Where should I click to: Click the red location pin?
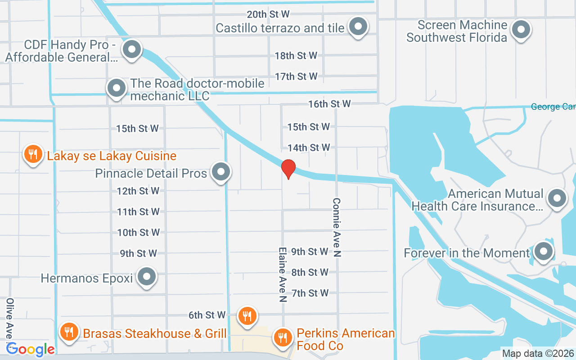[288, 169]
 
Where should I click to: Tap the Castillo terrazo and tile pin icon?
[358, 27]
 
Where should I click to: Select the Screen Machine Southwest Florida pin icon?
[522, 30]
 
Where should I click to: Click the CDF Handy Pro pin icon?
[132, 50]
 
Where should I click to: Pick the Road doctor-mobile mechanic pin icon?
[117, 88]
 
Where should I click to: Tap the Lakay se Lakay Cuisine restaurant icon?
[32, 154]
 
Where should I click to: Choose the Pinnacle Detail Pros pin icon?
[221, 172]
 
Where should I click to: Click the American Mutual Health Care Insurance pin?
[557, 198]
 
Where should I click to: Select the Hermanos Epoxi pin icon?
[146, 277]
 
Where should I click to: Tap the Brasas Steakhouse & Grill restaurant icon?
[69, 332]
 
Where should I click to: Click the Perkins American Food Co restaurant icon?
[283, 336]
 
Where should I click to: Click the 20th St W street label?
[268, 14]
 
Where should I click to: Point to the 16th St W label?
[329, 104]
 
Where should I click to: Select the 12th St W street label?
[138, 191]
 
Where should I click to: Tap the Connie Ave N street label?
[337, 227]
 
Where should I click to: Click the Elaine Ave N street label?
[283, 275]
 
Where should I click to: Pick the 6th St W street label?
[207, 315]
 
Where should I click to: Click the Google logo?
[31, 349]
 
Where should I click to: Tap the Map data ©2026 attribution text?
[538, 354]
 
